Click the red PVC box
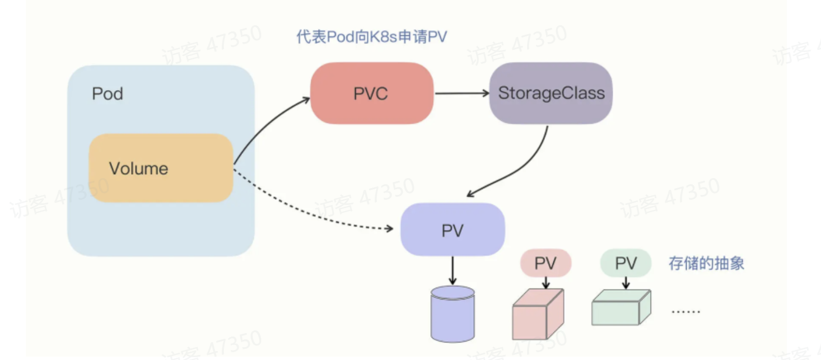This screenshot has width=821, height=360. [x=372, y=93]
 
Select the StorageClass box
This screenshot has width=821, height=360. [x=551, y=93]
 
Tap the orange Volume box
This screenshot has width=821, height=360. [x=161, y=168]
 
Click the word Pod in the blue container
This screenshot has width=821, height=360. [x=108, y=93]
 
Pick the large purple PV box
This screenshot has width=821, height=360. [x=453, y=230]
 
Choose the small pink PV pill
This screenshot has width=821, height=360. [x=545, y=263]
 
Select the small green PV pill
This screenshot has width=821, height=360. [x=626, y=263]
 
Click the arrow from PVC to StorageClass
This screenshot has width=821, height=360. [x=461, y=93]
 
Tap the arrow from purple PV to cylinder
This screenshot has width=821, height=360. [x=453, y=270]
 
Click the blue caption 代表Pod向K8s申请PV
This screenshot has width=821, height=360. [x=371, y=37]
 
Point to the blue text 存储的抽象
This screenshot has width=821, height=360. [x=706, y=264]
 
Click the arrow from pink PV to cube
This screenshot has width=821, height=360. [x=545, y=282]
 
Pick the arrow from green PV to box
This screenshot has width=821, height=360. [x=626, y=282]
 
